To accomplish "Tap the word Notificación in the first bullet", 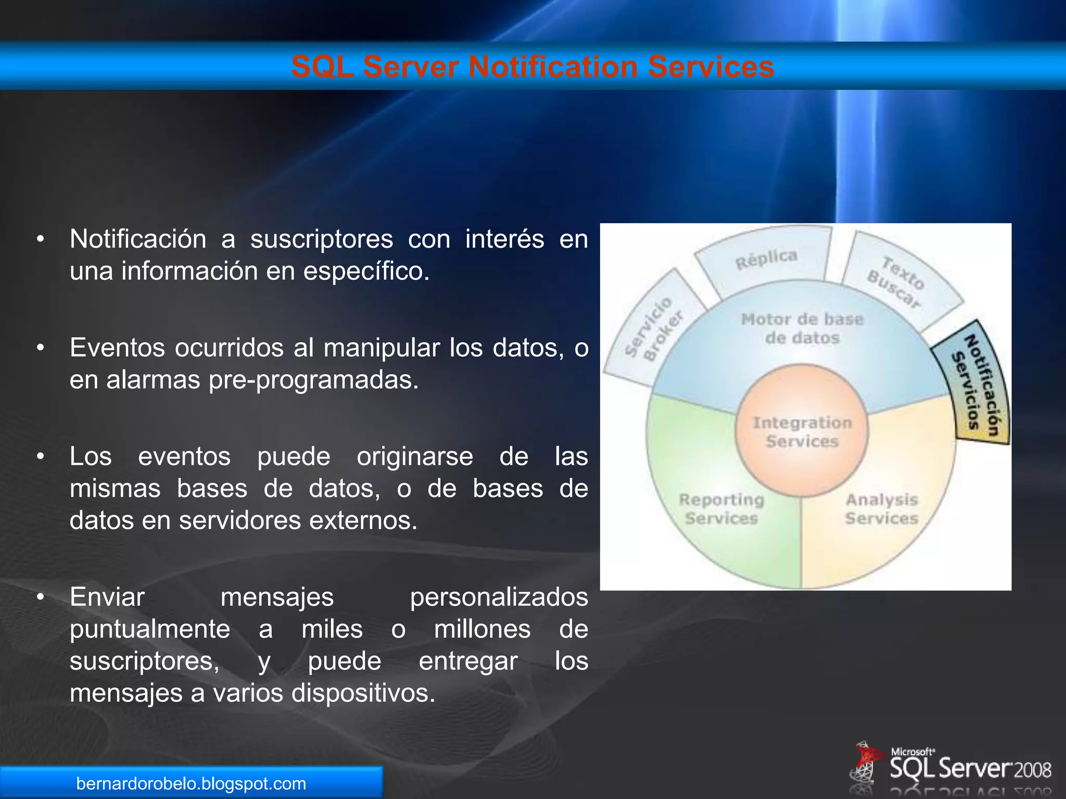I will (138, 240).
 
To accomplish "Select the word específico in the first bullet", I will (366, 272).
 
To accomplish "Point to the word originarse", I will (414, 457).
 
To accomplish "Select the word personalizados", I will (499, 597).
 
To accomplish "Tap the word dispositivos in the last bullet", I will (363, 693).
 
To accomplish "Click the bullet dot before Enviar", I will (40, 597).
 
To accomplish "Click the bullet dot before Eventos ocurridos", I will (40, 348).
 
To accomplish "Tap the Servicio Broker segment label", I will (654, 329).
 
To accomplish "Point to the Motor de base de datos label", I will (802, 328).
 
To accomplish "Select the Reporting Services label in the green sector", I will (721, 509).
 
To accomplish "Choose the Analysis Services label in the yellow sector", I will (881, 509).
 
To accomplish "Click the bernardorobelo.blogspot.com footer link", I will (191, 783).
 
